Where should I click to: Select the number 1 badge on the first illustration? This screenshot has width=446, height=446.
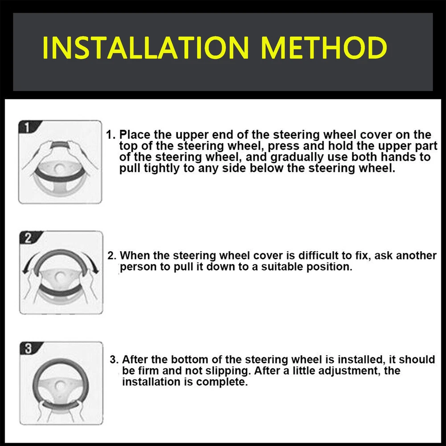pyautogui.click(x=28, y=127)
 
